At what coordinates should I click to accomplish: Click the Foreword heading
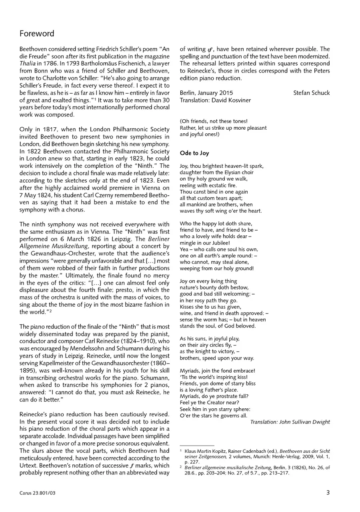tap(37, 34)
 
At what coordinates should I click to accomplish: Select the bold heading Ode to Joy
tap(194, 153)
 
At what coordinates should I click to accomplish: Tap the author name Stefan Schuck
tap(311, 93)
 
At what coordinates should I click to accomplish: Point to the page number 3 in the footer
tap(328, 493)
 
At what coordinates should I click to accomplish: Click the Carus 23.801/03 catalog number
tap(38, 493)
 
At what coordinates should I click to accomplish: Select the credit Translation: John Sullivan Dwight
tap(290, 422)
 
